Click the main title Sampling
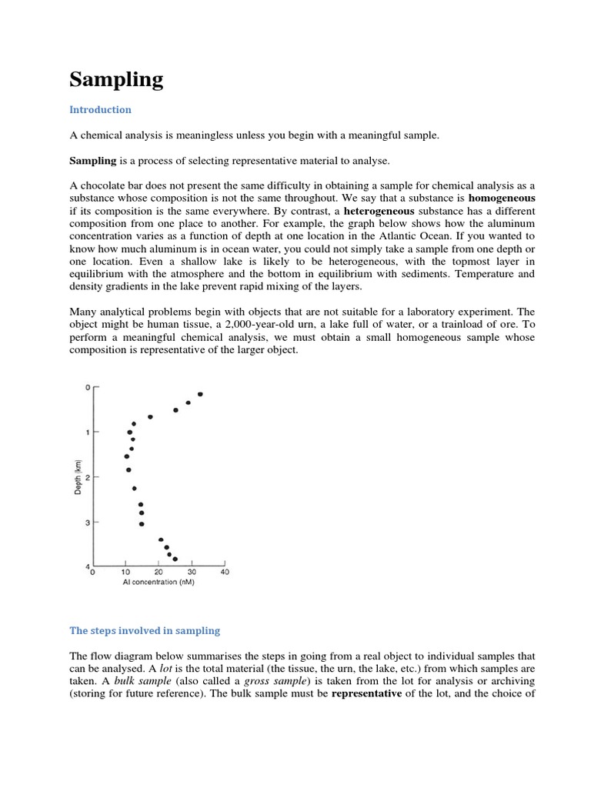[116, 80]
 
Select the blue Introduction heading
[100, 110]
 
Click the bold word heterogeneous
[379, 211]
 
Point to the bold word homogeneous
[502, 198]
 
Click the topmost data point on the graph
[200, 394]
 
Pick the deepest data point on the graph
[175, 559]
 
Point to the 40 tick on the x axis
[225, 573]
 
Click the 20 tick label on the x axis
[159, 573]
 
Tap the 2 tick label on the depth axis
[87, 477]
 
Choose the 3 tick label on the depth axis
[87, 523]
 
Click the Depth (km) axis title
[78, 477]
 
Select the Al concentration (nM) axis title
[159, 583]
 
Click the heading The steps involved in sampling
[145, 630]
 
